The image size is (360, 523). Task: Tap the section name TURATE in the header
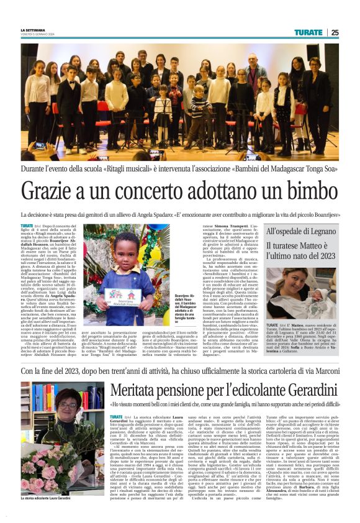[x=308, y=32]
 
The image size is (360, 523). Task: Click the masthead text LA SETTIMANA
[x=32, y=29]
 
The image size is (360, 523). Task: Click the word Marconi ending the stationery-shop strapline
[x=322, y=371]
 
